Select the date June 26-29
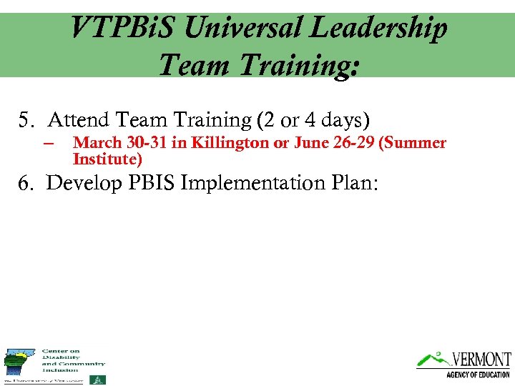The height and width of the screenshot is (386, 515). coord(334,143)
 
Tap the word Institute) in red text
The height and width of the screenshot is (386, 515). coord(107,158)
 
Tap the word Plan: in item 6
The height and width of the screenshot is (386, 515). coord(357,183)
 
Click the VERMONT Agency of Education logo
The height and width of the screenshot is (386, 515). coord(464,365)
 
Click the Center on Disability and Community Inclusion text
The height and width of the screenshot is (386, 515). coord(73,360)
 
